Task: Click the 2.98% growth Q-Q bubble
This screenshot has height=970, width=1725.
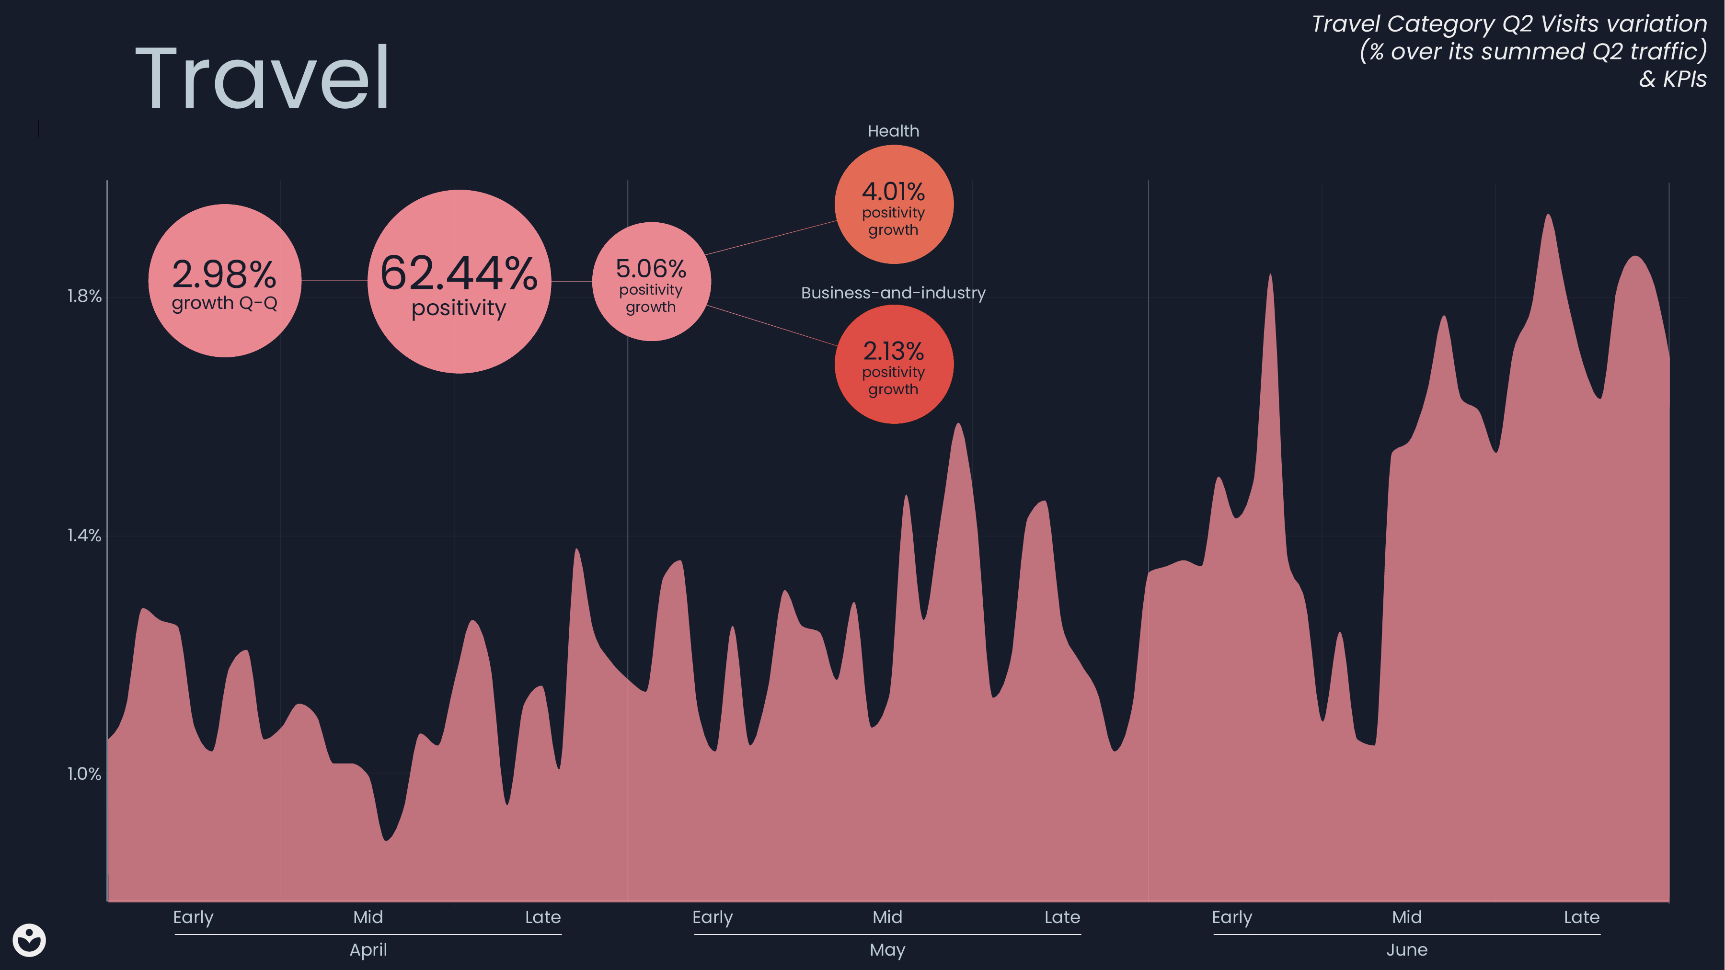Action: pos(224,281)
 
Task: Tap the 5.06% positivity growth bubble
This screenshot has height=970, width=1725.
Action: pos(651,282)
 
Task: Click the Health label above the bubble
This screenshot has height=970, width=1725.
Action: pos(893,131)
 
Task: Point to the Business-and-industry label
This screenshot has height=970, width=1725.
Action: pos(893,293)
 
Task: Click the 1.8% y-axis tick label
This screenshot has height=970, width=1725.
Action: pos(84,297)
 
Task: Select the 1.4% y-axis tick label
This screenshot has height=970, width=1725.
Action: pos(84,536)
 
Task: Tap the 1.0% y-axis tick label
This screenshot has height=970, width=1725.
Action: pos(84,775)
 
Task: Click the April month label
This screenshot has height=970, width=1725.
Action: pos(368,950)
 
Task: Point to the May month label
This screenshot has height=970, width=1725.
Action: pos(887,950)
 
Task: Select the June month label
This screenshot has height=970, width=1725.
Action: pos(1407,950)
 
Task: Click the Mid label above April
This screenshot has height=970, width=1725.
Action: pos(368,917)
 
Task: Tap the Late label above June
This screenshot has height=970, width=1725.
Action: pos(1582,917)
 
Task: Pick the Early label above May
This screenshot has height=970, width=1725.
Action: pos(713,917)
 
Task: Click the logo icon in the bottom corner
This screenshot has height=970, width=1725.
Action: pos(29,941)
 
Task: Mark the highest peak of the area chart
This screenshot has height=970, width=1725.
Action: pos(1548,216)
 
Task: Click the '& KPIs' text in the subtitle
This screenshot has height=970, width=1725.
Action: pos(1672,79)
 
